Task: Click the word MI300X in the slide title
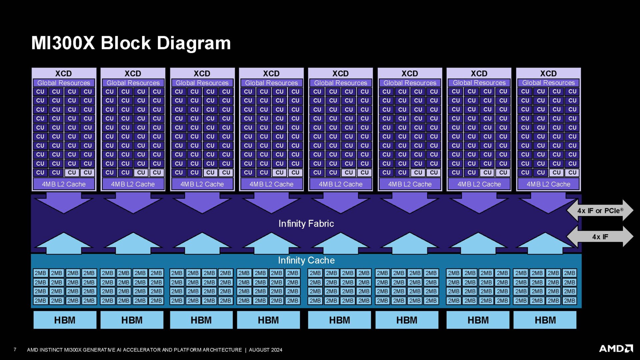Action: click(63, 43)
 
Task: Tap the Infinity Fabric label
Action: click(306, 224)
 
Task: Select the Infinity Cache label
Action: click(306, 260)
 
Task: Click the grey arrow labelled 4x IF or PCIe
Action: click(600, 211)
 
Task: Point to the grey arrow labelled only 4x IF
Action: click(600, 237)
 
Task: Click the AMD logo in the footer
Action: click(616, 349)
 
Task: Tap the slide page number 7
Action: click(15, 349)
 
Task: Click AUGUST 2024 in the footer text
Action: click(265, 350)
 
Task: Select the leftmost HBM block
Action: click(65, 320)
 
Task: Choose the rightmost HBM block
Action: click(545, 320)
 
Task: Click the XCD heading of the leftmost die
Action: click(63, 73)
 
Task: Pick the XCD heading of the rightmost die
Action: click(548, 73)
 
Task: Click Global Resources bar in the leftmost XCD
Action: click(64, 83)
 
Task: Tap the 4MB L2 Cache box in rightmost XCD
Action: click(548, 184)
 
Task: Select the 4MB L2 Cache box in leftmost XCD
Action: click(64, 184)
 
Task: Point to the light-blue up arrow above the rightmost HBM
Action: click(545, 243)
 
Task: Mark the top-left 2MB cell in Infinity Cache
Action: click(40, 273)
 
